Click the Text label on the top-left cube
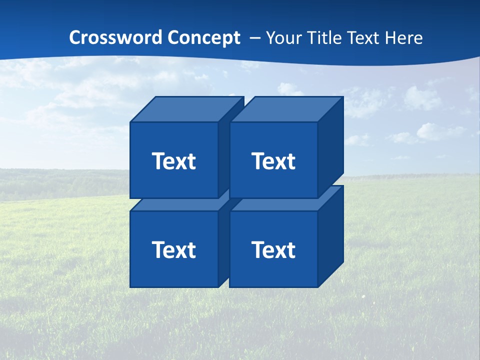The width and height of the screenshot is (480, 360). click(174, 161)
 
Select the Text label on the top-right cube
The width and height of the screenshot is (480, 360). click(273, 161)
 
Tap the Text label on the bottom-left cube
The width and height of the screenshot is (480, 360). click(174, 249)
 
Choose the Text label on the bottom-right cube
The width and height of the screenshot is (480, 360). click(273, 249)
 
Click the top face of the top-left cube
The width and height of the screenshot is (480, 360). click(186, 109)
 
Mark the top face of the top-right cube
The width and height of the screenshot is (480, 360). click(286, 109)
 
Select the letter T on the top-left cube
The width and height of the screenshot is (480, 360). click(158, 161)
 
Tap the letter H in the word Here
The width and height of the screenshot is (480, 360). click(388, 37)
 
